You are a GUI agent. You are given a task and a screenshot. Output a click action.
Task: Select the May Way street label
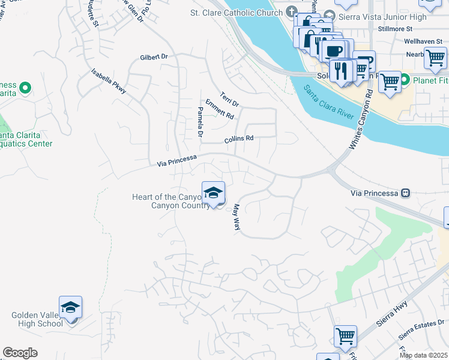[x=237, y=217]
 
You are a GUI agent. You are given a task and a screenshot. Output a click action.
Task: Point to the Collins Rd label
[x=239, y=139]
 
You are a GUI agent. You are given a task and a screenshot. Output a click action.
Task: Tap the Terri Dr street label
[x=229, y=98]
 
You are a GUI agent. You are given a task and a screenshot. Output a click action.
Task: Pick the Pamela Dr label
[x=200, y=121]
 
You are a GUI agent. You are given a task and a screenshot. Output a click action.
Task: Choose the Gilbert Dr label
[x=153, y=57]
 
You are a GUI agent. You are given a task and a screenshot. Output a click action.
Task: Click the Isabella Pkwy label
[x=109, y=81]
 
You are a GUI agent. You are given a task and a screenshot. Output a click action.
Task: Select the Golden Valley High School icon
[x=70, y=308]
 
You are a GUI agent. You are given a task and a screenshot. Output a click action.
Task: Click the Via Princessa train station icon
[x=406, y=193]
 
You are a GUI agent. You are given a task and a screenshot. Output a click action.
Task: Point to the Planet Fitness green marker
[x=405, y=80]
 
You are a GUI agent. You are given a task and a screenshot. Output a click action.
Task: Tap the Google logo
[x=20, y=353]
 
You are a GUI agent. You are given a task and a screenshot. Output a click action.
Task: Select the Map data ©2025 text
[x=423, y=355]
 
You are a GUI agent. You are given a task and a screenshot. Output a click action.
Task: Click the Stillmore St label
[x=395, y=28]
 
